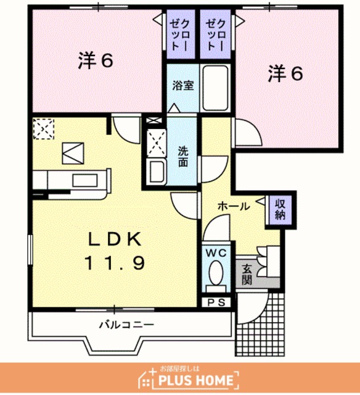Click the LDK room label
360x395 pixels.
click(115, 239)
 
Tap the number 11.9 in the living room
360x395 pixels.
click(115, 263)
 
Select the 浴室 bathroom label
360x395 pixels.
click(183, 86)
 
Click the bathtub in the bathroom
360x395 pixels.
click(216, 88)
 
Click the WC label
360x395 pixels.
click(216, 253)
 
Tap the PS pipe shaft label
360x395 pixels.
click(216, 302)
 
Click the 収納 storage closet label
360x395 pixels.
click(280, 210)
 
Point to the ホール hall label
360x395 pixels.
click(234, 206)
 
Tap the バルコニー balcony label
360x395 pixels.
click(126, 325)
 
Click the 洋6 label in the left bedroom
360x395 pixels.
click(96, 60)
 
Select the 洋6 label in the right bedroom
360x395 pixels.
click(285, 73)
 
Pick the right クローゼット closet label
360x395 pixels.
click(215, 35)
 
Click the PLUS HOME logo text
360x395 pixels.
click(196, 380)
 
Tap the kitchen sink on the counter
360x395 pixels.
click(85, 180)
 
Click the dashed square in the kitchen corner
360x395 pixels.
click(44, 129)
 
